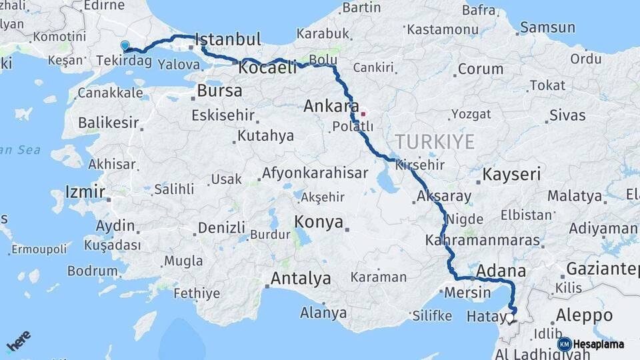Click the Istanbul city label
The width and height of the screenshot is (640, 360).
point(229,39)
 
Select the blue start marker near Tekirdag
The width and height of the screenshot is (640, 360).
point(125,46)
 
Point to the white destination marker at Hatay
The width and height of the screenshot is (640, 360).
point(510,319)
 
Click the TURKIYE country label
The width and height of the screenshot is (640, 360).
point(435,141)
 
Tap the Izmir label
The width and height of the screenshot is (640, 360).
point(85,193)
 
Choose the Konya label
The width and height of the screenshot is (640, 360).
point(319,222)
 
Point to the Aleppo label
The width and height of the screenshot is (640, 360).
point(584,315)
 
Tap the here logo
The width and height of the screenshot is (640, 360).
point(18,341)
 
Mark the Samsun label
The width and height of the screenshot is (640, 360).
point(547,27)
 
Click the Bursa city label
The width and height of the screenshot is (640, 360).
point(219,91)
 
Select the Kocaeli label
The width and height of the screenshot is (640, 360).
point(267,68)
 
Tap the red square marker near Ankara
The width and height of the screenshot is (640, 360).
point(363,114)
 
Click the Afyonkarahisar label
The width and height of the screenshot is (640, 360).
point(315,173)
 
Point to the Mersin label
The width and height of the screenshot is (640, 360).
point(467,292)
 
